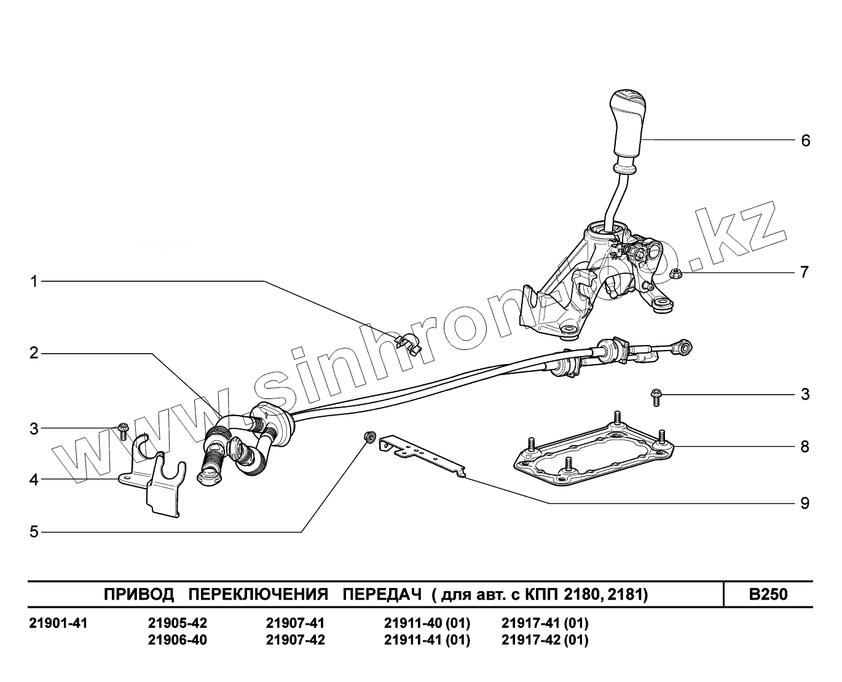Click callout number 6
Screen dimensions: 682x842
(x=805, y=141)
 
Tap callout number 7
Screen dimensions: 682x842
(x=805, y=272)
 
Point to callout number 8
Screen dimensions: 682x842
(x=805, y=446)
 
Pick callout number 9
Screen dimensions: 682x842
(x=805, y=504)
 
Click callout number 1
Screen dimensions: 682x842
(x=34, y=282)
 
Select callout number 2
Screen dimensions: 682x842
(x=34, y=353)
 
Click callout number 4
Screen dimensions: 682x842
(x=34, y=479)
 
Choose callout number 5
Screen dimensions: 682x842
(x=34, y=532)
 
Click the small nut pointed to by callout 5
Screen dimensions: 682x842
(x=370, y=436)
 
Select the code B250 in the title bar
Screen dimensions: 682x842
(x=768, y=594)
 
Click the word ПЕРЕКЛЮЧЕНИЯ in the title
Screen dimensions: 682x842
(x=258, y=594)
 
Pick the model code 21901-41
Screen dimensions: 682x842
(x=59, y=623)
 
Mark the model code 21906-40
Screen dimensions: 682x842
(x=178, y=640)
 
